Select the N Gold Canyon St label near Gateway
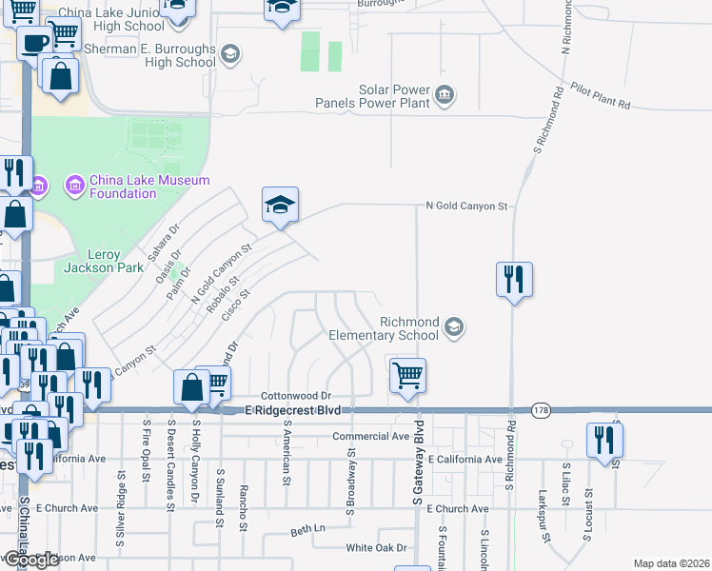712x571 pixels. point(467,206)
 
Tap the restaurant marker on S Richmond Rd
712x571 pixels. point(514,279)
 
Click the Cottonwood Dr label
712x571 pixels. point(295,396)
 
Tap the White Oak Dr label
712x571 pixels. point(376,548)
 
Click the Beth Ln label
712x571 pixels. point(307,529)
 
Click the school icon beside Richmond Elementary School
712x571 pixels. point(454,328)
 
